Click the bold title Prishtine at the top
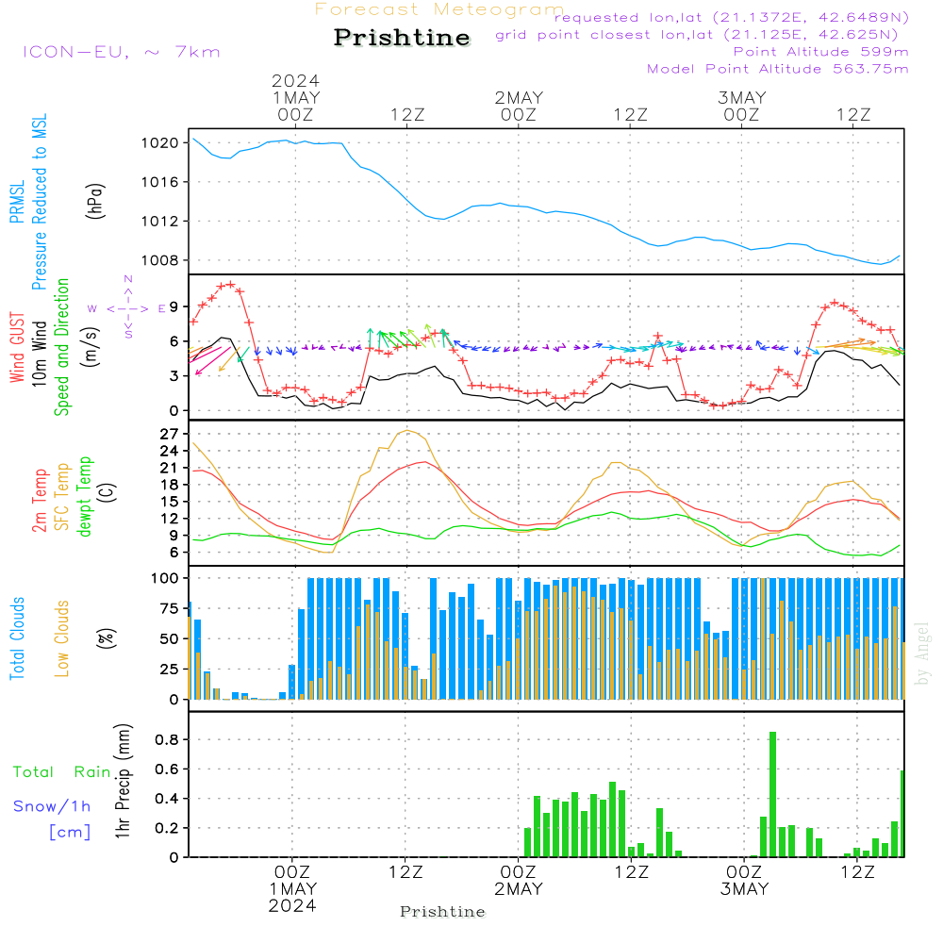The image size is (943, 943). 402,38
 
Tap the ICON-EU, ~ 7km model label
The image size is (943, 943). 121,52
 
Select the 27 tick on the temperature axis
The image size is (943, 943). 170,434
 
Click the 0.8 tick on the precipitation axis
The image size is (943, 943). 168,739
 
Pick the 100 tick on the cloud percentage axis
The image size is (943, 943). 166,577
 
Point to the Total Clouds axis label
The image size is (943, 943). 18,638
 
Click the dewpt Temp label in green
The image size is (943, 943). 85,496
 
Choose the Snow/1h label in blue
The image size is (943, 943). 52,806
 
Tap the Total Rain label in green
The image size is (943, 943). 62,771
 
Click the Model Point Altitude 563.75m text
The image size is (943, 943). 777,69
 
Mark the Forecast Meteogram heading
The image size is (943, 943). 439,9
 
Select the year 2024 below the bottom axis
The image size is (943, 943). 292,905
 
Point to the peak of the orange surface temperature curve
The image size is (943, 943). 407,431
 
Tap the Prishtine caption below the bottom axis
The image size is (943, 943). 442,912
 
